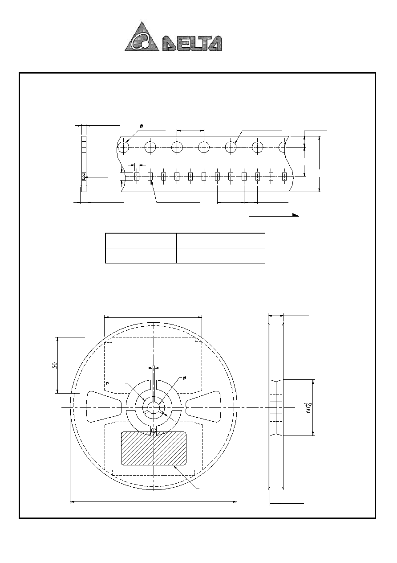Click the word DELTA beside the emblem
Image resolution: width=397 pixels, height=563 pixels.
(192, 44)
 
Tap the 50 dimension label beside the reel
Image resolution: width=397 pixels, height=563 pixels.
(55, 365)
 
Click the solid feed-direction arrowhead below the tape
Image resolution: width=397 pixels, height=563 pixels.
(296, 215)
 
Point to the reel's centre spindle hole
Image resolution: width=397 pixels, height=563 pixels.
(154, 407)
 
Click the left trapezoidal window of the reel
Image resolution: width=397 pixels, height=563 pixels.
(104, 407)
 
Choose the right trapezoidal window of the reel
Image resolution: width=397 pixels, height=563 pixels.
(203, 407)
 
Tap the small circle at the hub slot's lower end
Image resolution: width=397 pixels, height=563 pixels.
(154, 430)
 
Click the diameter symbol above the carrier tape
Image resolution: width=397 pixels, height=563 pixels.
(141, 126)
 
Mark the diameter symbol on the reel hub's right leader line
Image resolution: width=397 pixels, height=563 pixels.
(184, 378)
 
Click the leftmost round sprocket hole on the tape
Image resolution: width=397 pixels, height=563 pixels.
(123, 147)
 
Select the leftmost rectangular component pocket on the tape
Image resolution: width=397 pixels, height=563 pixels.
(137, 177)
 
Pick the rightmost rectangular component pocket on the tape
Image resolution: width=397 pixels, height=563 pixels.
(284, 177)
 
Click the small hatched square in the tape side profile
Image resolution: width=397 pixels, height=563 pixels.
(84, 177)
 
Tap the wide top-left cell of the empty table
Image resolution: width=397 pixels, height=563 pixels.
(141, 241)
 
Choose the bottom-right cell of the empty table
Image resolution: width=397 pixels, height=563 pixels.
(243, 255)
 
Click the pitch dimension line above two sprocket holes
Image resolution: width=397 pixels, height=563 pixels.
(190, 131)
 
